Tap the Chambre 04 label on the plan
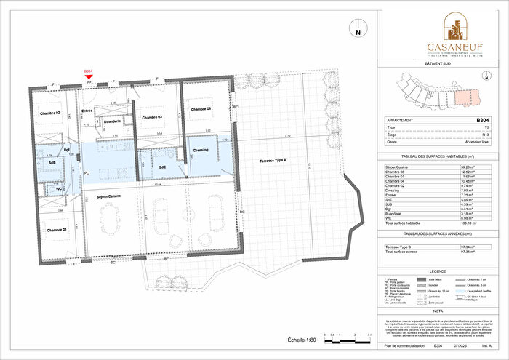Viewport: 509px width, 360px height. pos(200,109)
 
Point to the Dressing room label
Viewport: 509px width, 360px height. pos(201,152)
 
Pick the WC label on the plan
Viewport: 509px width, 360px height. pos(58,190)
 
